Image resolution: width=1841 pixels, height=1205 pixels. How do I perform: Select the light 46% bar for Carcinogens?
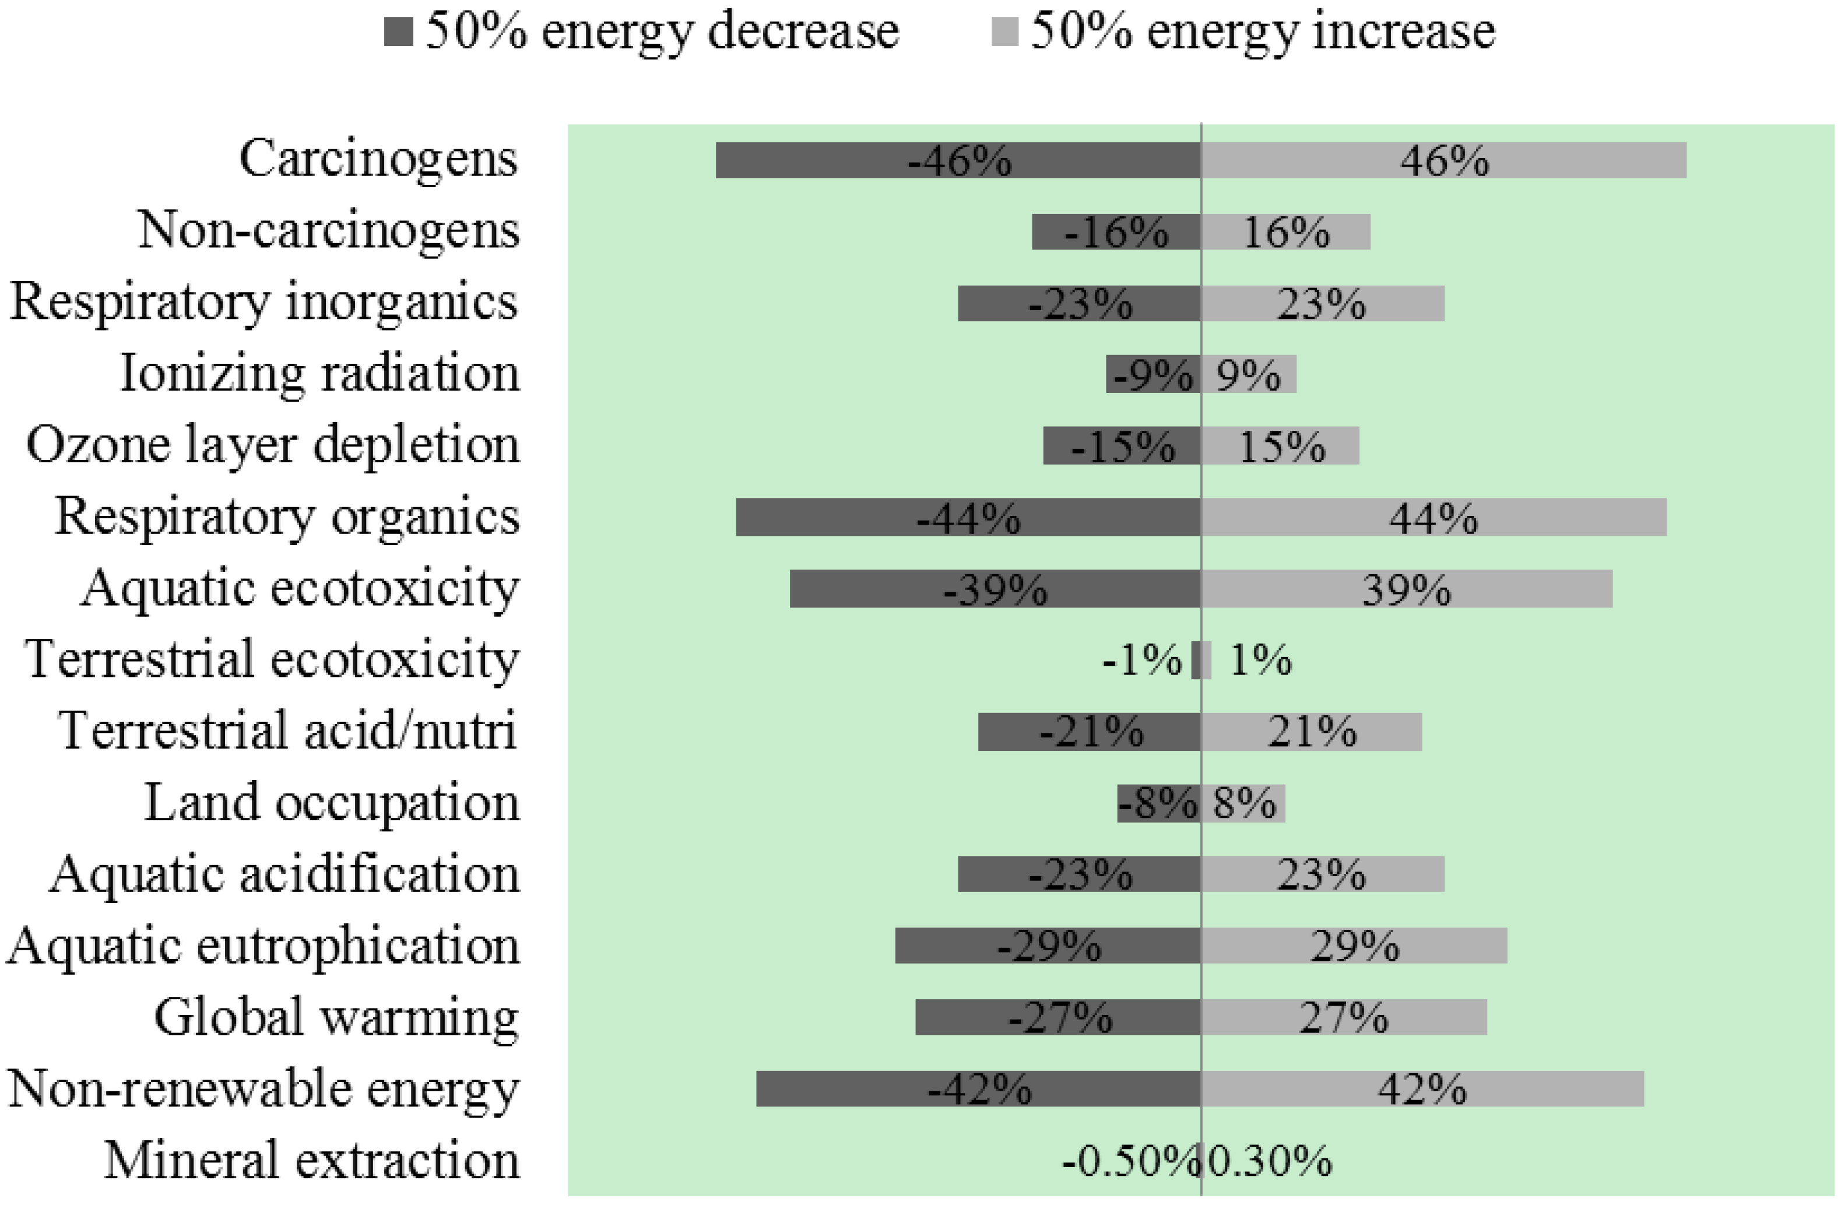(x=1443, y=160)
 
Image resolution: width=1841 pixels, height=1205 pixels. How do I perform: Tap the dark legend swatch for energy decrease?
(x=398, y=33)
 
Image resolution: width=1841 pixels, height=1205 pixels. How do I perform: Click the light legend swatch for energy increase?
(x=1005, y=33)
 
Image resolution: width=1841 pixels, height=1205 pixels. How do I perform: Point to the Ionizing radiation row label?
(x=319, y=374)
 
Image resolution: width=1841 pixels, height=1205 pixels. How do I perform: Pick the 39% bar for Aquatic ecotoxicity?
(x=1406, y=589)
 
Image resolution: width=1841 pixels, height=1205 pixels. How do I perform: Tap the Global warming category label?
(x=336, y=1017)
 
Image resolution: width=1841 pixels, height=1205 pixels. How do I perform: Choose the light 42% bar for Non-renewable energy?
(x=1422, y=1088)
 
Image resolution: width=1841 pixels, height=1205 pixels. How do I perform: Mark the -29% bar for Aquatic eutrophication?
(x=1048, y=945)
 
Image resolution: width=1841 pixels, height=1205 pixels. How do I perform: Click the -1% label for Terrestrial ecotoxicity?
(x=1141, y=661)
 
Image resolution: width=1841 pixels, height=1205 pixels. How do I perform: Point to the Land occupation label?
(x=331, y=803)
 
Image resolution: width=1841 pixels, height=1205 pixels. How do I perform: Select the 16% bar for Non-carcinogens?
(x=1285, y=232)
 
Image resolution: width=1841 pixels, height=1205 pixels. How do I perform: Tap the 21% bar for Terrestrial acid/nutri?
(x=1311, y=732)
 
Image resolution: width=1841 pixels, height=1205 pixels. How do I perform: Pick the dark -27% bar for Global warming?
(x=1057, y=1017)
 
